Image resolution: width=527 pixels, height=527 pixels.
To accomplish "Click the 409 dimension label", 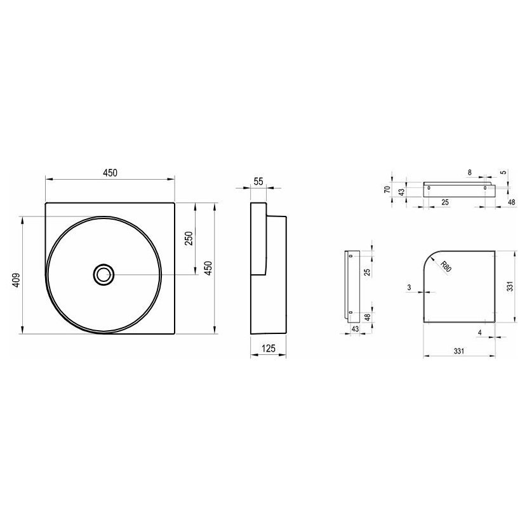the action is coord(17,280).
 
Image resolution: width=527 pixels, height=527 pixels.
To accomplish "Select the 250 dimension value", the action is coord(189,238).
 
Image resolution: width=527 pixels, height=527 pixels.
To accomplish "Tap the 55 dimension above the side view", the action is coord(258,182).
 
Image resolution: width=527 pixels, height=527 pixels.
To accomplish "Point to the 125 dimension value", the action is coord(268,348).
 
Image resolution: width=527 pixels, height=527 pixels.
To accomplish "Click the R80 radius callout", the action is coord(446,267).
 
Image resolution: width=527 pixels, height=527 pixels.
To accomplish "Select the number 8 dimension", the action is coord(469,173).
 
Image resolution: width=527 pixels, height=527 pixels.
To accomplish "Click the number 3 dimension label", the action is coord(409,288).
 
